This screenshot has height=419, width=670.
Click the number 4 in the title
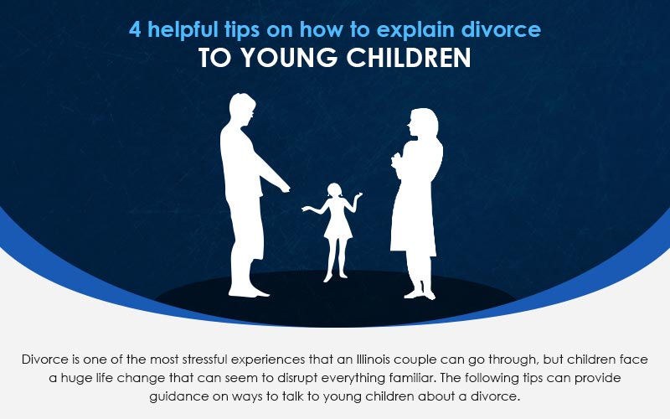tap(135, 29)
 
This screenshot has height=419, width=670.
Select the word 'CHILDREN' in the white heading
tap(409, 58)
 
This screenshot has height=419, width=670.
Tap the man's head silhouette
tap(242, 110)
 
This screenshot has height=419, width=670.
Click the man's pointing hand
tap(284, 188)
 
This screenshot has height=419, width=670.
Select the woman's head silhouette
tap(423, 124)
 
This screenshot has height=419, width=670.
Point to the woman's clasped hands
tap(397, 161)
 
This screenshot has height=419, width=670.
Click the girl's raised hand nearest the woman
tap(358, 195)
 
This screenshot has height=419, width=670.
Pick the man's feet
tap(248, 292)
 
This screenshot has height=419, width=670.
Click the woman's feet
tap(420, 294)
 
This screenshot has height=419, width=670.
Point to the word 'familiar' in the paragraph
tap(412, 378)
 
